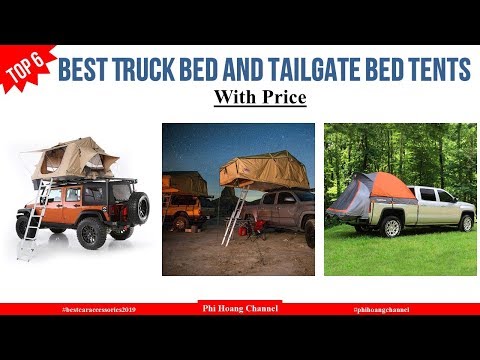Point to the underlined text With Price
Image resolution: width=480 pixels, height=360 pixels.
[x=259, y=99]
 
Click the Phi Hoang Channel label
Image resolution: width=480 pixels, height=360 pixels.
[x=239, y=309]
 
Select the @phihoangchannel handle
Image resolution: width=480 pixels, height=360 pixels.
[x=383, y=310]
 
